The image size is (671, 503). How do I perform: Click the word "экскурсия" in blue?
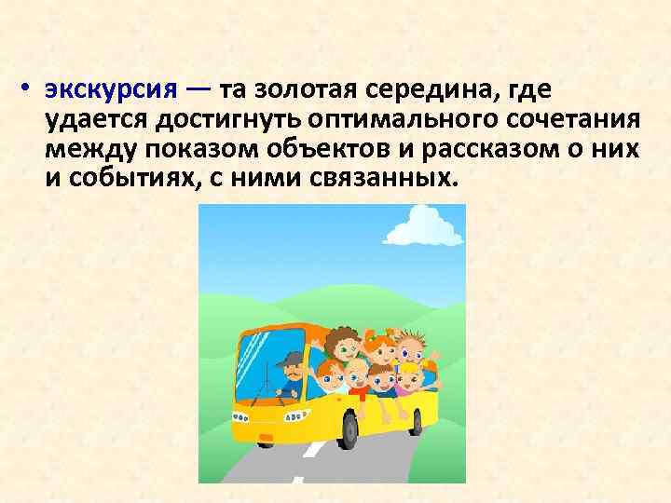[x=109, y=90]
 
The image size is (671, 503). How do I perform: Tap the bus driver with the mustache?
[x=291, y=373]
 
